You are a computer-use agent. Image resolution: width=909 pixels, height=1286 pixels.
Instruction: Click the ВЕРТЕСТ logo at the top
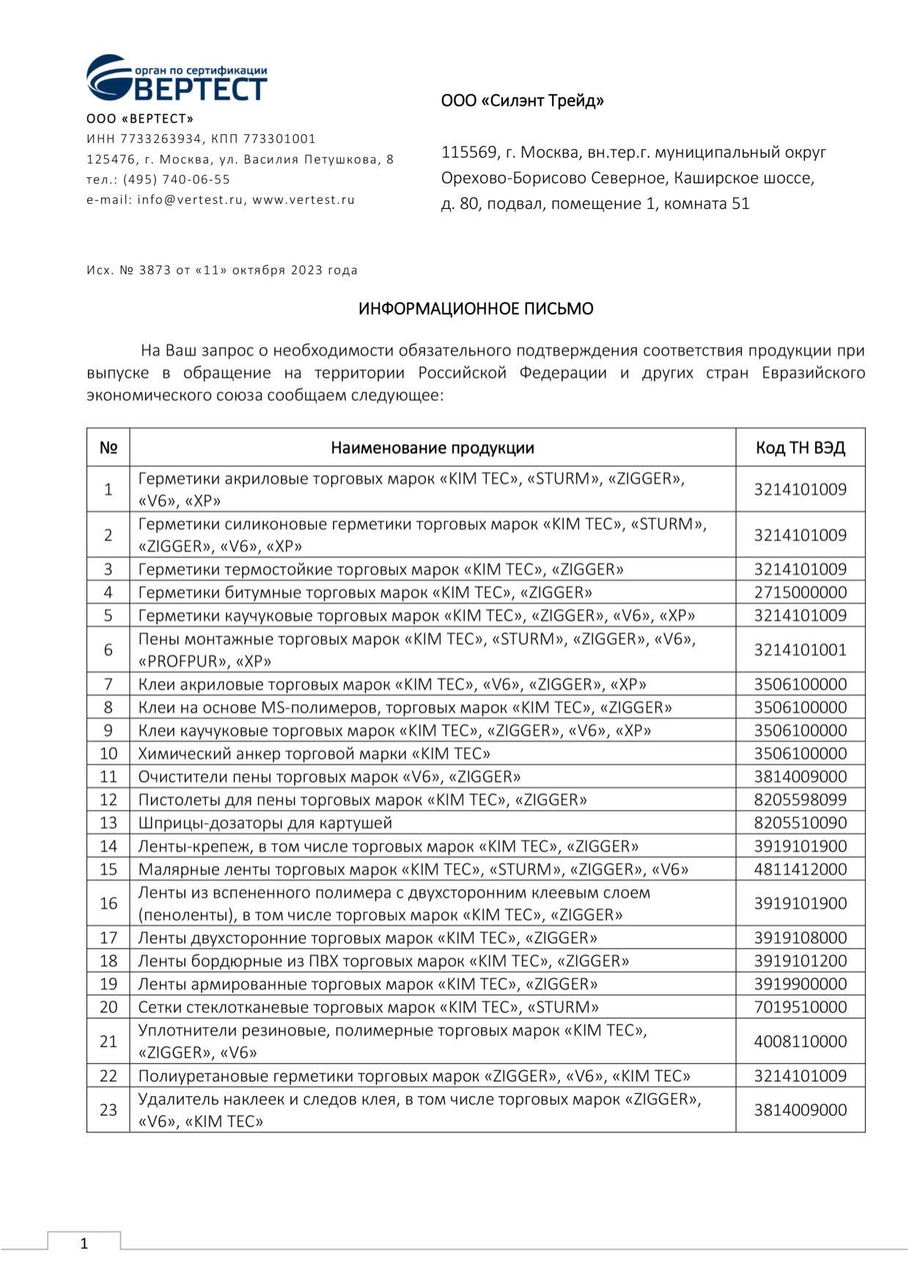point(177,78)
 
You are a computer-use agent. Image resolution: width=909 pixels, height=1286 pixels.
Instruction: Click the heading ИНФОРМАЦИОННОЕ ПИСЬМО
point(475,309)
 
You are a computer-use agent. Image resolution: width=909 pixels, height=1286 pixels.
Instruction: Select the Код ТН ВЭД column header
point(800,448)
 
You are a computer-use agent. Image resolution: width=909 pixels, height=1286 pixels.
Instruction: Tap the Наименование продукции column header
point(432,448)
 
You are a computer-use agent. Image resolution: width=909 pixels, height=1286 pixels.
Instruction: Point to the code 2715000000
point(800,592)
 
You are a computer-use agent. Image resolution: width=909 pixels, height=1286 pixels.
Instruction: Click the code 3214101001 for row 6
point(800,650)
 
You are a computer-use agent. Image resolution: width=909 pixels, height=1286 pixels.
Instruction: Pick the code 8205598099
point(800,800)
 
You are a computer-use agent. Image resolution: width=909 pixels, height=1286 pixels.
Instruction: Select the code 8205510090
point(800,823)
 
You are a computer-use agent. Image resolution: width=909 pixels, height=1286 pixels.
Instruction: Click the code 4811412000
point(800,869)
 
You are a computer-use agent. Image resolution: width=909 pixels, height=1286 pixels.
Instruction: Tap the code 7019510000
point(800,1007)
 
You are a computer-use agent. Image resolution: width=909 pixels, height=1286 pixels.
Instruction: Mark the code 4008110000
point(800,1041)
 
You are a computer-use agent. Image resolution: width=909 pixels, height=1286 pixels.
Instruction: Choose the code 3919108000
point(800,938)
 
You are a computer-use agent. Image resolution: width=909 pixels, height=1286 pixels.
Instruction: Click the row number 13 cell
point(108,823)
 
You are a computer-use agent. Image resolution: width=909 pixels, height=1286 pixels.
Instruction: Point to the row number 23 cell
point(108,1110)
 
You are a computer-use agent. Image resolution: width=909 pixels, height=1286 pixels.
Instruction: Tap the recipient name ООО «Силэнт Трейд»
point(522,100)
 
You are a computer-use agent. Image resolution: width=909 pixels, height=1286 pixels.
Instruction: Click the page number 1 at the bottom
point(84,1243)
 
